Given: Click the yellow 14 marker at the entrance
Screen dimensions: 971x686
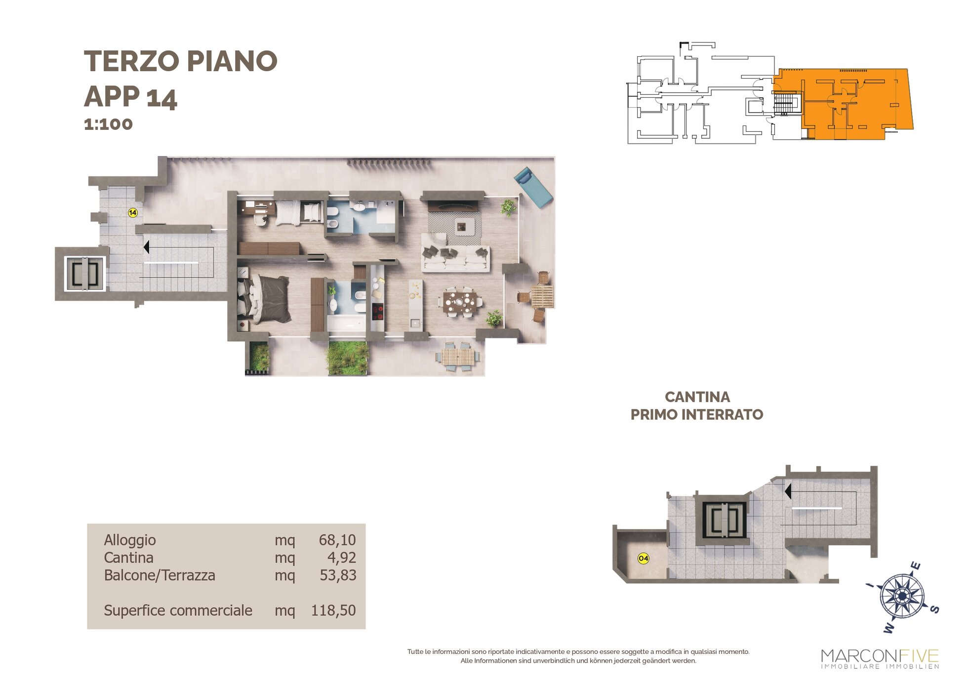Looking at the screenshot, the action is (132, 213).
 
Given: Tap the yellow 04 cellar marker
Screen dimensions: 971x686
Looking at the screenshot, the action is (643, 559).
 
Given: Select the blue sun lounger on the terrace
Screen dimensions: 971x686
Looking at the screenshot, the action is (533, 187).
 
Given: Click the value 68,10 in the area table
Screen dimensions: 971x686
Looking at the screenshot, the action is (337, 540).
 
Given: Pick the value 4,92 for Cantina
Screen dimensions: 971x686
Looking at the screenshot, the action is (342, 558).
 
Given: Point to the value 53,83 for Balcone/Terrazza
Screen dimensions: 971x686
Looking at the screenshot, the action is (338, 575).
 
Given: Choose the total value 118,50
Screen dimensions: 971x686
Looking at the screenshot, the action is (333, 610).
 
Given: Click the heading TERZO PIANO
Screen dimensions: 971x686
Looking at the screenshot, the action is (181, 61).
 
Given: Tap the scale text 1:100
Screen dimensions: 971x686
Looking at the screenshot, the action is (108, 124).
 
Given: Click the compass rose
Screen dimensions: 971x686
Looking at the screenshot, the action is (902, 597).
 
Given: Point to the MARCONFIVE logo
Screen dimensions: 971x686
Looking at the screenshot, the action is (880, 659).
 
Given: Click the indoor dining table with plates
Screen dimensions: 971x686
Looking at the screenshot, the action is (460, 301).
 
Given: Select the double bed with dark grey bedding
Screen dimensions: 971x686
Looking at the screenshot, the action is (264, 298).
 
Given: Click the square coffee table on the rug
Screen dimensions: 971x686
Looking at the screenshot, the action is (461, 227).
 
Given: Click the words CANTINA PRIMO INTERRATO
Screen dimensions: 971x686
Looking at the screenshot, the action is (697, 405).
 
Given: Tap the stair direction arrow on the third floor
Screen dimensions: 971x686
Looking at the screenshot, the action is (146, 246).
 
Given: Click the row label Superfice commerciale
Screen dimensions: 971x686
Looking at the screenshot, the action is (178, 610).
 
